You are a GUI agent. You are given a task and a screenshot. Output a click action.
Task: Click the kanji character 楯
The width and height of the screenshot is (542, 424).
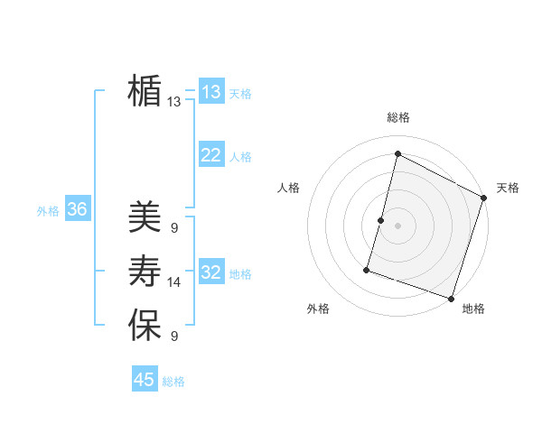click(145, 91)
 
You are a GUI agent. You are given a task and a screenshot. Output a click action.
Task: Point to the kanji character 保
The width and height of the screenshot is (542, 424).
click(145, 325)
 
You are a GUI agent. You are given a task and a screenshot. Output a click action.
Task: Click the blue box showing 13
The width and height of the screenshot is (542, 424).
click(211, 92)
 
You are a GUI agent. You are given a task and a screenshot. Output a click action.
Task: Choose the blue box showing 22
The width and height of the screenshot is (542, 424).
click(211, 155)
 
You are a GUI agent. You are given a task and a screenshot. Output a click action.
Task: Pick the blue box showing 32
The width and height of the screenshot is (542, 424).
click(211, 272)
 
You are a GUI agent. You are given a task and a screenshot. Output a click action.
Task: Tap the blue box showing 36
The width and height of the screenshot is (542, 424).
click(78, 210)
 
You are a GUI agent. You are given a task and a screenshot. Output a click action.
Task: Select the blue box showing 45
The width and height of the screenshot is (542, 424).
click(145, 380)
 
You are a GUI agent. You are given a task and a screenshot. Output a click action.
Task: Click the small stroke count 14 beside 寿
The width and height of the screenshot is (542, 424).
click(174, 282)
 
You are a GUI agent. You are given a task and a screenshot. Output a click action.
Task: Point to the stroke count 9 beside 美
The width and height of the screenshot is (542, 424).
click(173, 228)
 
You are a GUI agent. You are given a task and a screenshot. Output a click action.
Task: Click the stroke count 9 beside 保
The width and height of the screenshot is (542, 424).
click(173, 336)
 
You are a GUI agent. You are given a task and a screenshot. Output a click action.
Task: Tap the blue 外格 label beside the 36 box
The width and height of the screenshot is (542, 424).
click(48, 211)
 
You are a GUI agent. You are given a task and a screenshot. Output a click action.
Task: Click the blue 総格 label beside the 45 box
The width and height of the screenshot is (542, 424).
click(173, 382)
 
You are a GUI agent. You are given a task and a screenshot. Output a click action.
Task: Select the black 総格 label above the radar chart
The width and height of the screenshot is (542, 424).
click(397, 117)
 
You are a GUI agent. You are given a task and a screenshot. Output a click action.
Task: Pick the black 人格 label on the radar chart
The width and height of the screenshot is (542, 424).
click(288, 188)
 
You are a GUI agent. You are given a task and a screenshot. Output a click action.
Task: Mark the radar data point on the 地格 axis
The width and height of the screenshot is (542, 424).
click(451, 298)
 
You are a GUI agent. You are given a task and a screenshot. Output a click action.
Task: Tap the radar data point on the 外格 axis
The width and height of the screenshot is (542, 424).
click(367, 270)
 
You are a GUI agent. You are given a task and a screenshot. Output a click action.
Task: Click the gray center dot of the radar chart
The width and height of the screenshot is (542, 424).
click(397, 226)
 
